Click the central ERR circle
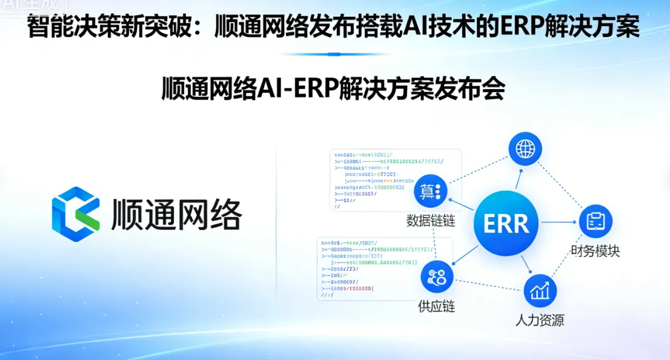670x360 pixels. tap(506, 224)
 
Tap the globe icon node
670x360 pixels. tap(525, 148)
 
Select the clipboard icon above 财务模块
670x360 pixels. tap(595, 221)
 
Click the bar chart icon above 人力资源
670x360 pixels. tap(540, 291)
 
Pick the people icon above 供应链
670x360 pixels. tap(437, 277)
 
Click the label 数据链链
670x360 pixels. tap(430, 221)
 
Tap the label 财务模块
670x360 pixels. tap(595, 250)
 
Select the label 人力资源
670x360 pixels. tap(539, 320)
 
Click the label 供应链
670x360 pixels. tap(436, 306)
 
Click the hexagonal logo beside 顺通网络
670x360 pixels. tap(76, 214)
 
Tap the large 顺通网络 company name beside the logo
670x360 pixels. tap(177, 215)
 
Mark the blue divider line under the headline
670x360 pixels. tap(334, 54)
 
